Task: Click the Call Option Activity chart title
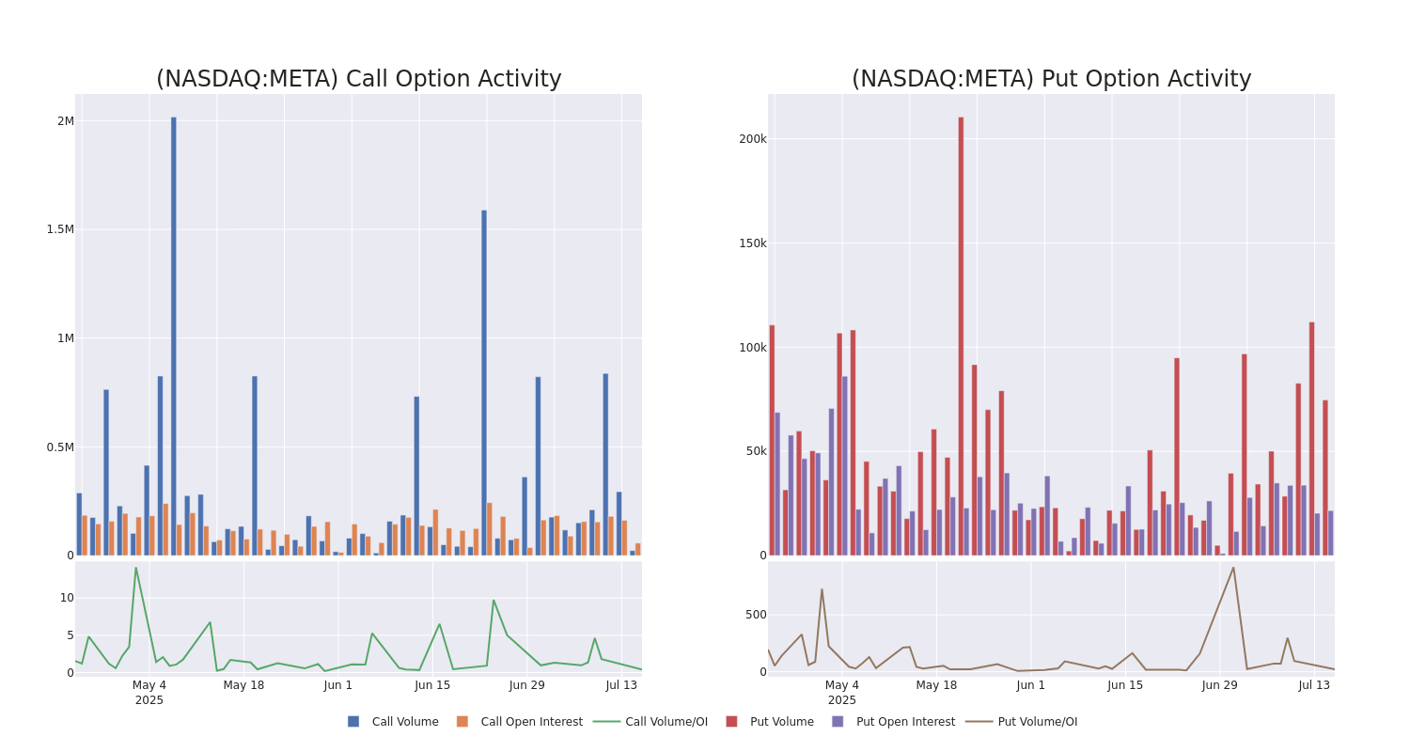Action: tap(358, 80)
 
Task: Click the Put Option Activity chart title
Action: tap(1051, 80)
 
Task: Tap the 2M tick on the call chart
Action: tap(65, 121)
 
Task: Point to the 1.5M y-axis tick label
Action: tap(60, 229)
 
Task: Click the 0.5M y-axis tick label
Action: tap(60, 447)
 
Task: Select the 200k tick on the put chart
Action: tap(752, 139)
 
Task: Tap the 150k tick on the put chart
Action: tap(752, 243)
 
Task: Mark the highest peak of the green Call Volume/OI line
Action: tap(135, 568)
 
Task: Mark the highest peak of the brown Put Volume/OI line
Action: tap(1233, 567)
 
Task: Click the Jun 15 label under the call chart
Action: tap(432, 685)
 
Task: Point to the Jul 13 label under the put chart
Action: tap(1314, 685)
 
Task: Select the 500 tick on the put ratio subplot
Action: tap(756, 615)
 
